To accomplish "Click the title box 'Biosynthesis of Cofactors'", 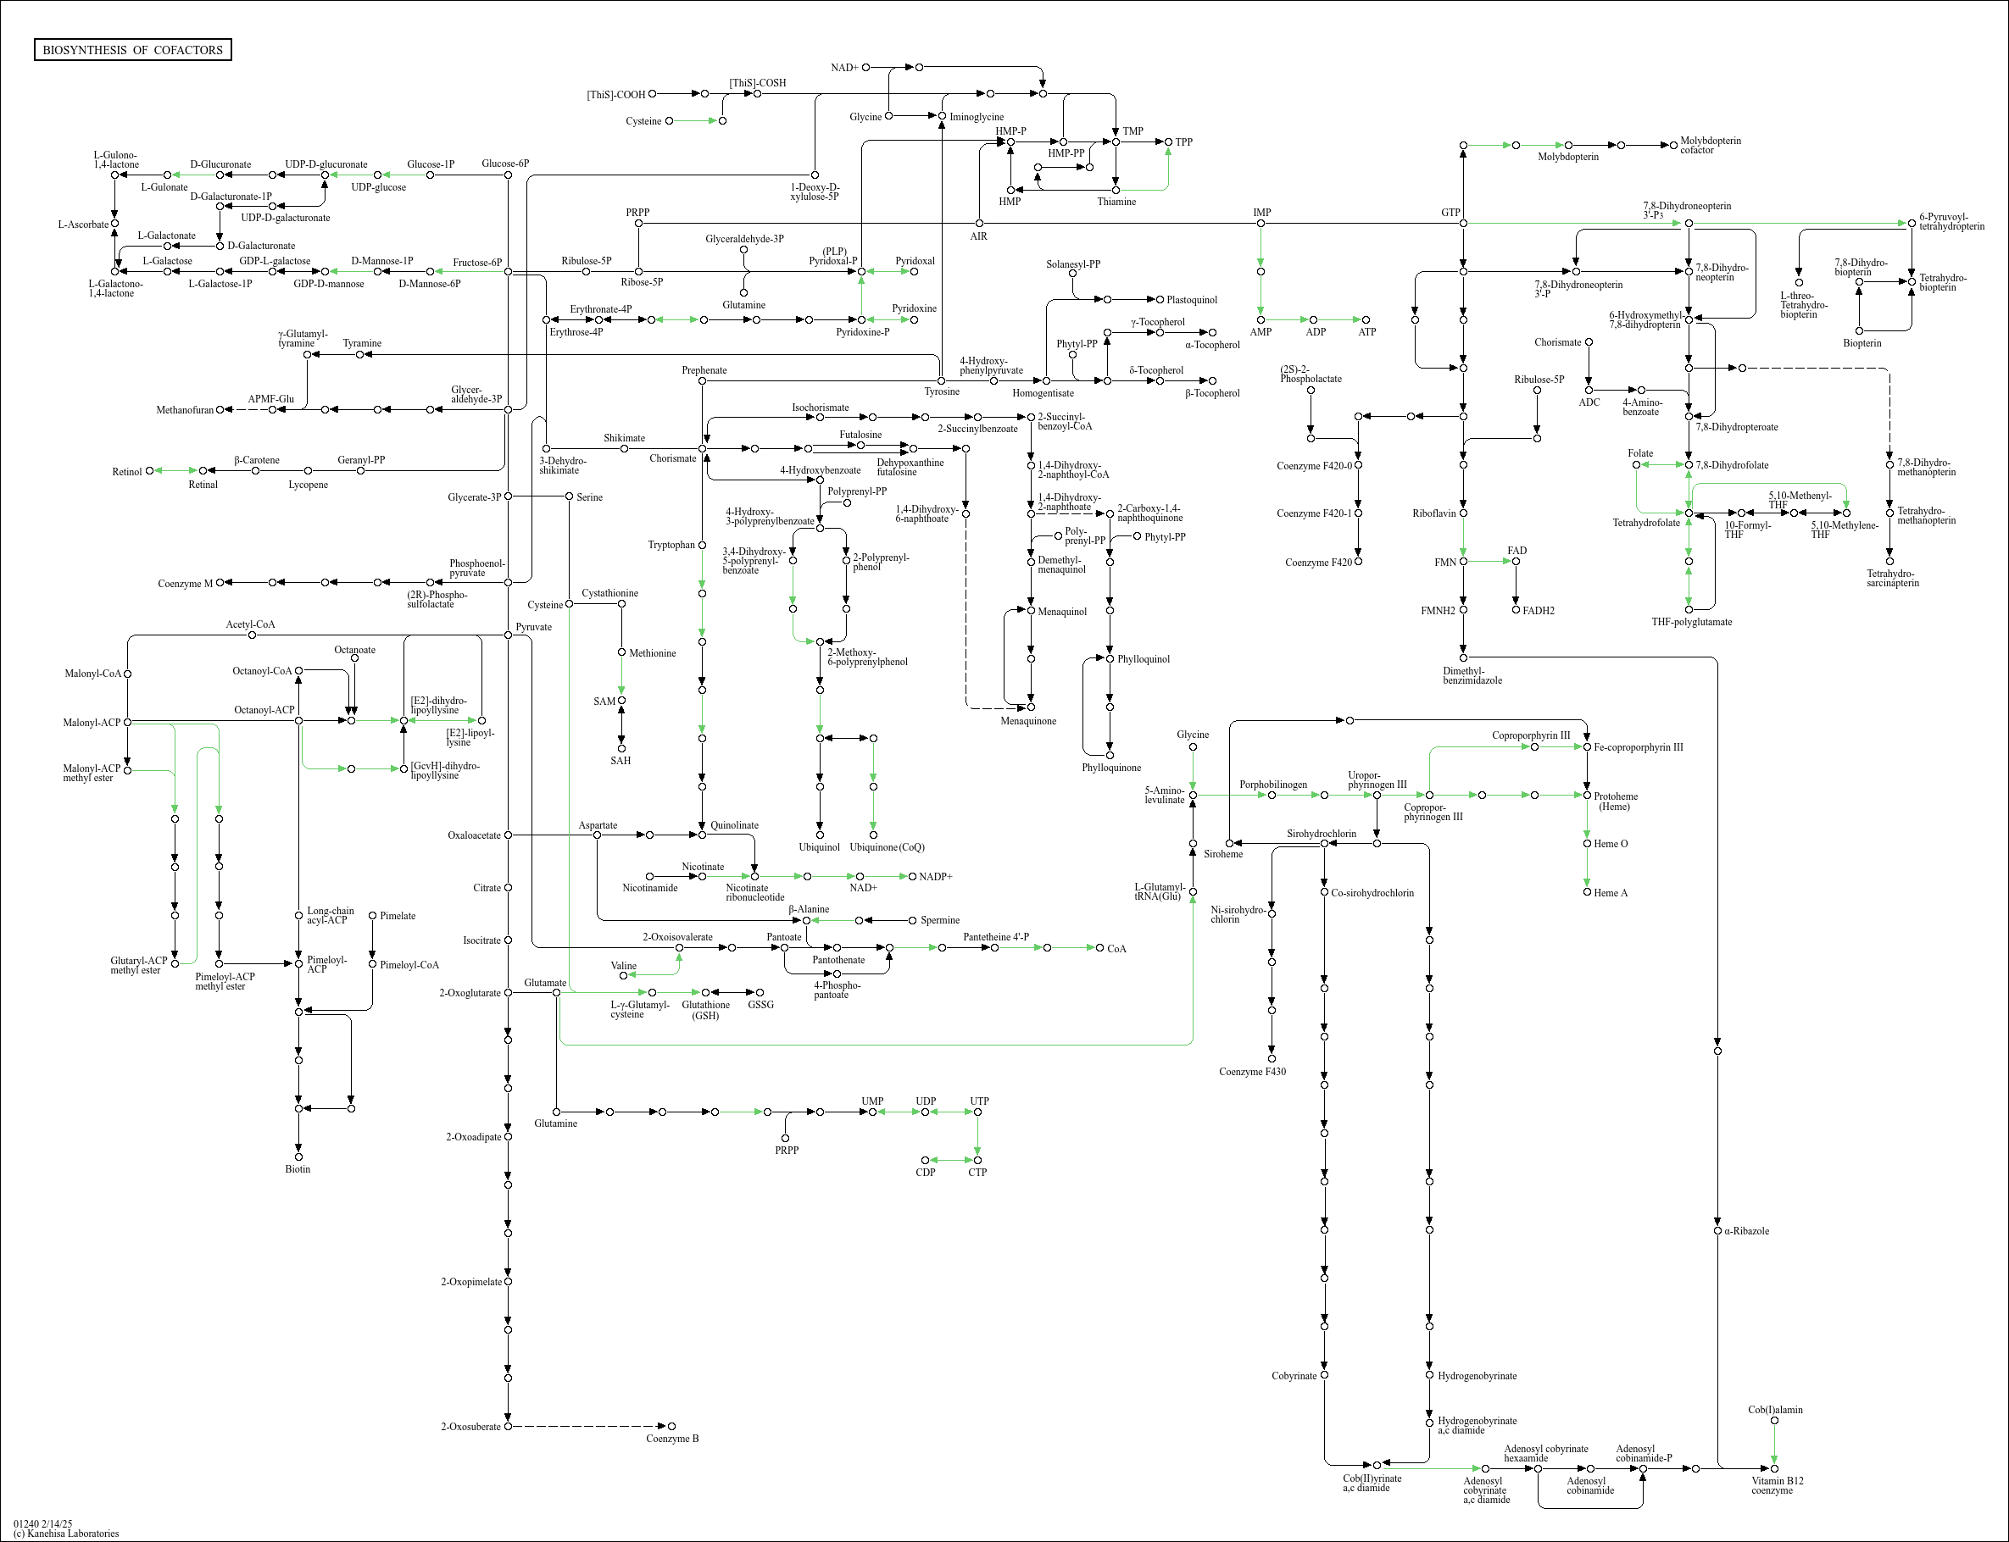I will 132,49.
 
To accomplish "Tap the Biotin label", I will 298,1169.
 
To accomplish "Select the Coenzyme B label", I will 672,1439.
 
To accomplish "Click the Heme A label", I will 1611,893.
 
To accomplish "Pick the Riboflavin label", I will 1434,514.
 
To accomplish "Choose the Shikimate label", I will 625,438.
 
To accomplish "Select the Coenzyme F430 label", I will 1252,1072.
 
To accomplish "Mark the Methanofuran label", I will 185,410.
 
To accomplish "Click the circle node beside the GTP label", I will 1464,223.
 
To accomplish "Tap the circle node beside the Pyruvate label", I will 508,635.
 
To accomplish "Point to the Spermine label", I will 940,921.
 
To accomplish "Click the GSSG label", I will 760,1005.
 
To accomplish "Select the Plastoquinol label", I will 1192,300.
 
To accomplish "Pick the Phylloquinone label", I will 1111,768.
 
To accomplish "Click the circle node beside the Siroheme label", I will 1229,842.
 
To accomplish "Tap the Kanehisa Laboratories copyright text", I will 66,1534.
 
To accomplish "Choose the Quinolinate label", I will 735,825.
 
